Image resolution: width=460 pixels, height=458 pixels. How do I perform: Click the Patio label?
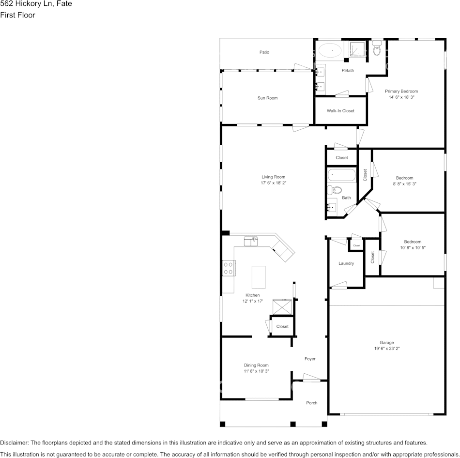pyautogui.click(x=264, y=52)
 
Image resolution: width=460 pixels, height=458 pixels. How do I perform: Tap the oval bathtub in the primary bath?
pyautogui.click(x=330, y=50)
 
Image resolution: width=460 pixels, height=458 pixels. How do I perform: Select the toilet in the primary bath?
pyautogui.click(x=377, y=48)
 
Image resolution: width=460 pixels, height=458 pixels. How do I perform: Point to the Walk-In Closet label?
pyautogui.click(x=340, y=111)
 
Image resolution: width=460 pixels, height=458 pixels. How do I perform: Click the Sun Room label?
pyautogui.click(x=268, y=98)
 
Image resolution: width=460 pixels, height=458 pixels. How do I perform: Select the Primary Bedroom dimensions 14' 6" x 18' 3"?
pyautogui.click(x=401, y=97)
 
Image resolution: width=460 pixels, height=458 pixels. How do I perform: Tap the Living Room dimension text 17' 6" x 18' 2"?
pyautogui.click(x=274, y=183)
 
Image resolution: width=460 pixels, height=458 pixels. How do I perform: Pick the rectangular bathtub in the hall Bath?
pyautogui.click(x=341, y=175)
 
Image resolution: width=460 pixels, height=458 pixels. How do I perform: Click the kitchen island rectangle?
pyautogui.click(x=259, y=277)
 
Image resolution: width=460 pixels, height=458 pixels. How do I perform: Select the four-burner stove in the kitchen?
pyautogui.click(x=229, y=268)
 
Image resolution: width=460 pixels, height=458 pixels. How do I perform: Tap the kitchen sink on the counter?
pyautogui.click(x=251, y=242)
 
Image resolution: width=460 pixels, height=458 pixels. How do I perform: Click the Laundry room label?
pyautogui.click(x=346, y=263)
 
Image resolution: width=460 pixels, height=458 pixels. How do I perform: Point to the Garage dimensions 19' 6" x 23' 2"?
pyautogui.click(x=387, y=349)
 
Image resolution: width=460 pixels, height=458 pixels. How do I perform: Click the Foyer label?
pyautogui.click(x=310, y=359)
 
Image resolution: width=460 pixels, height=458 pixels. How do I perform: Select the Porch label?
pyautogui.click(x=312, y=403)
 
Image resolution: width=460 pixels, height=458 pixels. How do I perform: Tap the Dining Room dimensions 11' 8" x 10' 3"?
pyautogui.click(x=257, y=371)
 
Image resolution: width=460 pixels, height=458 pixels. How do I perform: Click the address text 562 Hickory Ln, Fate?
pyautogui.click(x=36, y=4)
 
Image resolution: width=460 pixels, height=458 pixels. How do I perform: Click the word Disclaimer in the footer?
pyautogui.click(x=15, y=443)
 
